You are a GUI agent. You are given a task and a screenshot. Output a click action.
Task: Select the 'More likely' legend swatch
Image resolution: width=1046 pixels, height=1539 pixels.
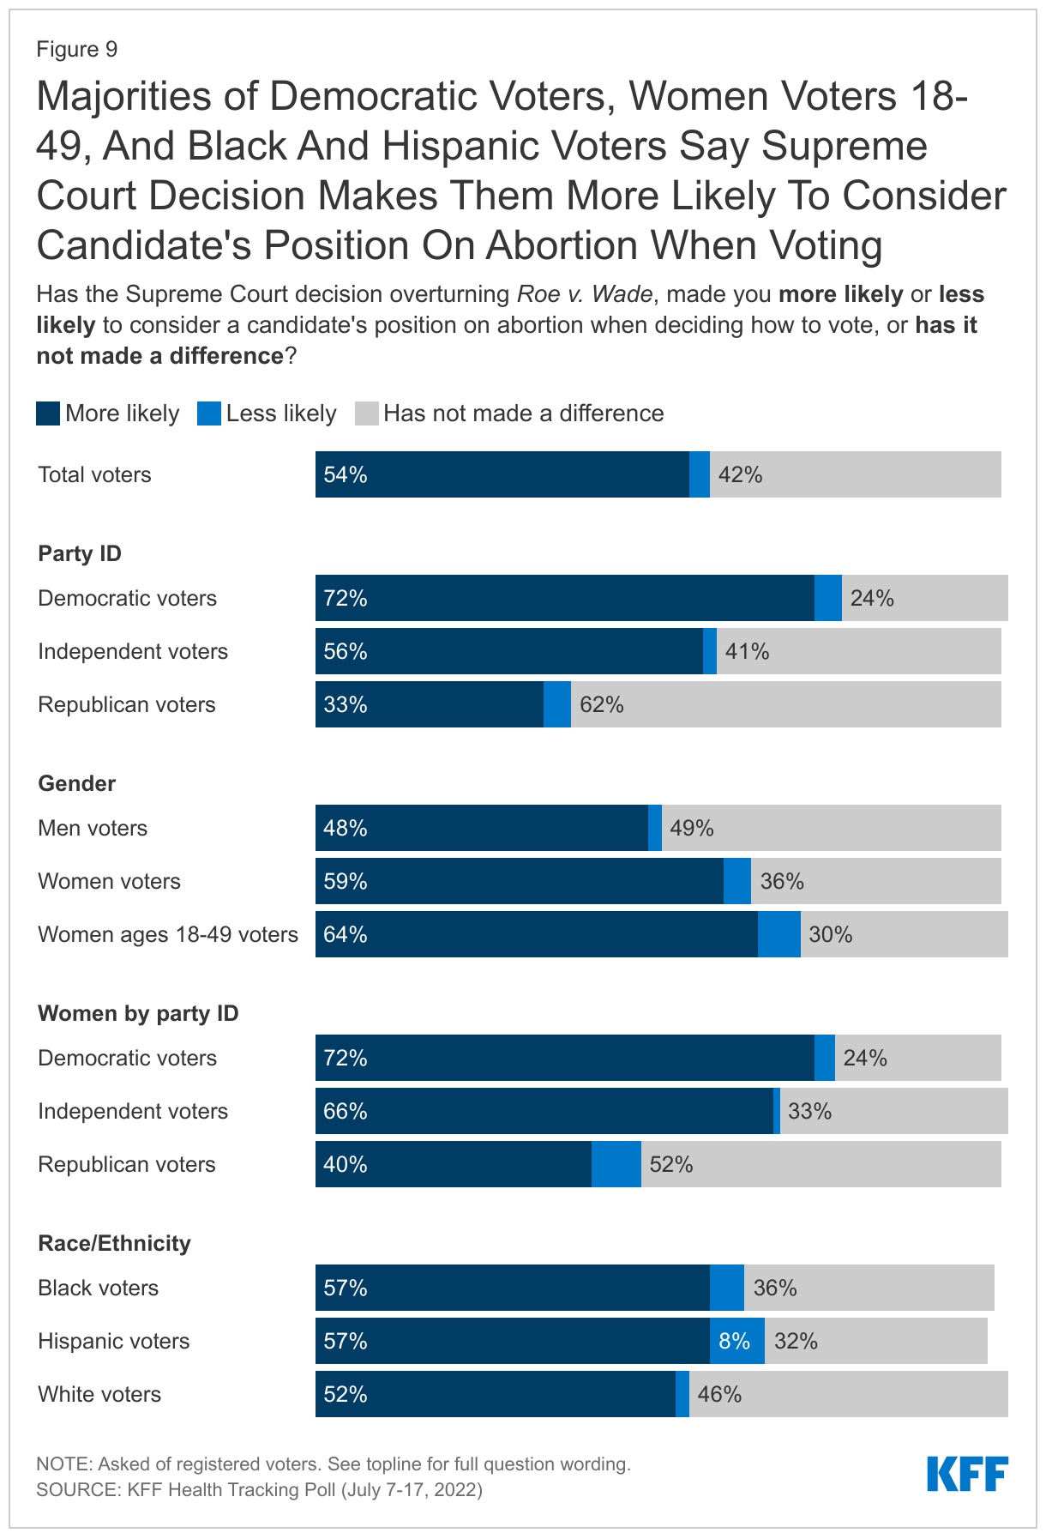coord(48,413)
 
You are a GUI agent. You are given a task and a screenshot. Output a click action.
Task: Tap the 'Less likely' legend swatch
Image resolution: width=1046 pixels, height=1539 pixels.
coord(209,413)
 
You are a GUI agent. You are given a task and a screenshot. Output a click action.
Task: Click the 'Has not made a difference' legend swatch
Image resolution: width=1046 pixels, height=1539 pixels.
coord(366,413)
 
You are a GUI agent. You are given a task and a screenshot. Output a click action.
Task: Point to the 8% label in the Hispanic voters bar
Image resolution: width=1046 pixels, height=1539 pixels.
coord(735,1341)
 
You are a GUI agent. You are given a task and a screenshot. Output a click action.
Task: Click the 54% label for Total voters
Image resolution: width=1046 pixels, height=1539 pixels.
coord(346,474)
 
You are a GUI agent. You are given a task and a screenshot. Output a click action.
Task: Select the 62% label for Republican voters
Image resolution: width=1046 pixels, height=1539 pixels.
coord(602,704)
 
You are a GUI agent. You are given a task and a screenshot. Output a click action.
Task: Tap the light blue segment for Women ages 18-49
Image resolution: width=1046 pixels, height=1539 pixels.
coord(778,934)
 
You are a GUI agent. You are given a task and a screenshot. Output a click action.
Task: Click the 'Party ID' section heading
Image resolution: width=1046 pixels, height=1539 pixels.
coord(80,553)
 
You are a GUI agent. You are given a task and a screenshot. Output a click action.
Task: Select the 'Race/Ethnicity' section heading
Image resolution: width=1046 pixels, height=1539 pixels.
coord(114,1243)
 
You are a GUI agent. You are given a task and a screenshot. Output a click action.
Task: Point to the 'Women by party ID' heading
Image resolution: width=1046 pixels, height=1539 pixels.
coord(138,1013)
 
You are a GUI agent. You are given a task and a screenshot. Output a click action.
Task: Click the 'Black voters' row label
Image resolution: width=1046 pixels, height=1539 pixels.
coord(98,1288)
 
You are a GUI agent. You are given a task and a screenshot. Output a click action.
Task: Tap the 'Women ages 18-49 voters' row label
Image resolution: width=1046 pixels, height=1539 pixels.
coord(168,934)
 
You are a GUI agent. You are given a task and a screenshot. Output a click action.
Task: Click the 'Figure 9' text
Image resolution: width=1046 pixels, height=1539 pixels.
coord(76,50)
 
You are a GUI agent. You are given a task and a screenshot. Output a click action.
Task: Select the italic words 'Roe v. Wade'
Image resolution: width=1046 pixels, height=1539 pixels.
coord(585,294)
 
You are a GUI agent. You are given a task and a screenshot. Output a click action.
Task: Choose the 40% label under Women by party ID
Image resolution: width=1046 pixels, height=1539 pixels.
coord(346,1164)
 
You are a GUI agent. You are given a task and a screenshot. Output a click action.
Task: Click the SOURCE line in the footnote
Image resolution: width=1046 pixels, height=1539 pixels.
coord(259,1489)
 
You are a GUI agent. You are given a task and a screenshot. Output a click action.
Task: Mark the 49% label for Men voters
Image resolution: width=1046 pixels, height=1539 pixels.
coord(692,828)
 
